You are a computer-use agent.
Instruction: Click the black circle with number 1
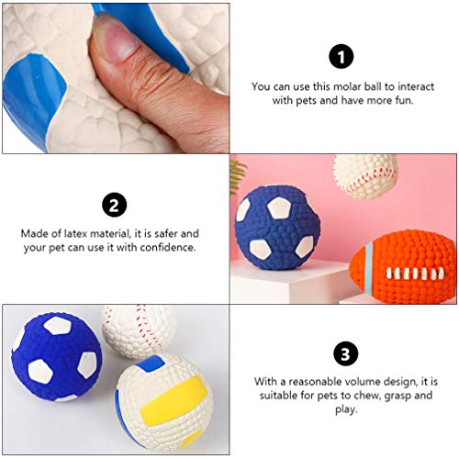[342, 57]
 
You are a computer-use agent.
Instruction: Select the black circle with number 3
[342, 353]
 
